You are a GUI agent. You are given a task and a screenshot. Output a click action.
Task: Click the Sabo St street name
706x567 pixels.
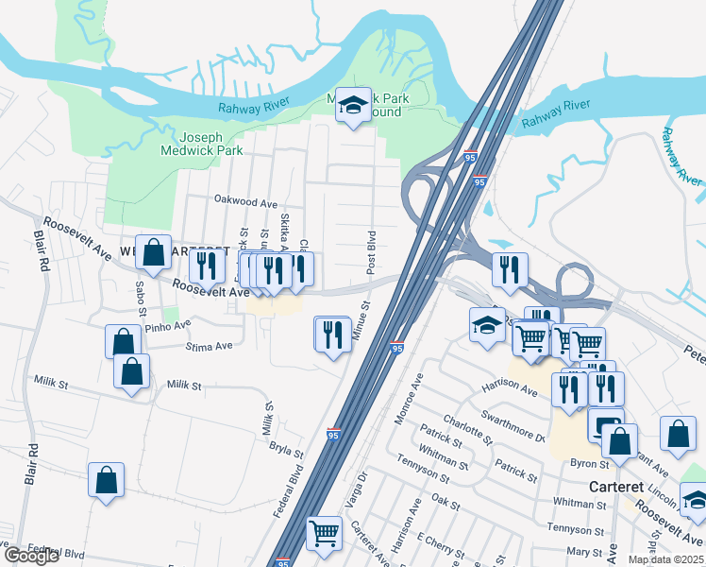[x=142, y=297]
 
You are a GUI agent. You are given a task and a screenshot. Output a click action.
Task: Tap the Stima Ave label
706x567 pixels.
[x=210, y=346]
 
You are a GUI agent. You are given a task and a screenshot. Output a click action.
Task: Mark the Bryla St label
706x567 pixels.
[x=286, y=443]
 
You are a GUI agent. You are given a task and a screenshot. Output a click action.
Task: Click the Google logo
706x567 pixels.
[x=31, y=556]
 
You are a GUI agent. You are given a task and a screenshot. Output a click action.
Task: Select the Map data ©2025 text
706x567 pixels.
[x=666, y=560]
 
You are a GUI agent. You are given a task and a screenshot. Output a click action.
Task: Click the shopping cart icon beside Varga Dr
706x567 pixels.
[x=324, y=533]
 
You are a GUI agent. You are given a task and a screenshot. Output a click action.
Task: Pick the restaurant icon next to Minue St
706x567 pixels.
[x=332, y=335]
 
